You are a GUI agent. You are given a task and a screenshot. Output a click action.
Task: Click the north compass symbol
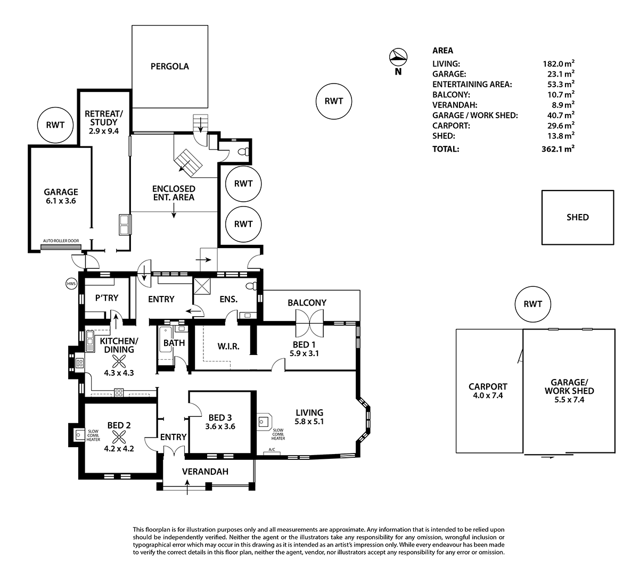click(398, 56)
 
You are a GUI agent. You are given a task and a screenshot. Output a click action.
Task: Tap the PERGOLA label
click(169, 67)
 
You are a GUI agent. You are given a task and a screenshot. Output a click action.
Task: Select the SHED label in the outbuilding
click(577, 217)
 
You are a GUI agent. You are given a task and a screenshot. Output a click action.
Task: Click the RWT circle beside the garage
click(55, 126)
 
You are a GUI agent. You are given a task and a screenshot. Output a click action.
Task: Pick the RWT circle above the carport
click(532, 304)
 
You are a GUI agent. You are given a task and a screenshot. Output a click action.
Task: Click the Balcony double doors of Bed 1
click(309, 317)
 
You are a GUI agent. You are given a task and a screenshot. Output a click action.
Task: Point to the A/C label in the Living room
click(272, 450)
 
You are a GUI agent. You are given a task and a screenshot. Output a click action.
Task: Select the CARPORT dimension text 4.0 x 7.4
click(487, 395)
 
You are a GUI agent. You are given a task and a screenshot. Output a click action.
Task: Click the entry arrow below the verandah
click(187, 488)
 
